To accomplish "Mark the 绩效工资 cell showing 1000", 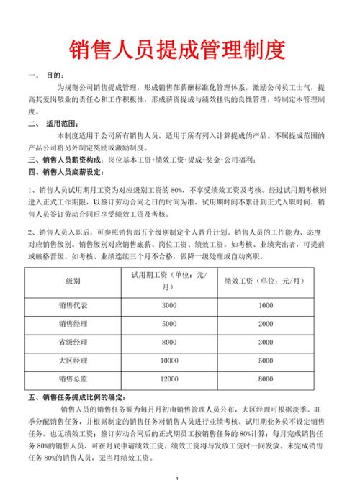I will (266, 305).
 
